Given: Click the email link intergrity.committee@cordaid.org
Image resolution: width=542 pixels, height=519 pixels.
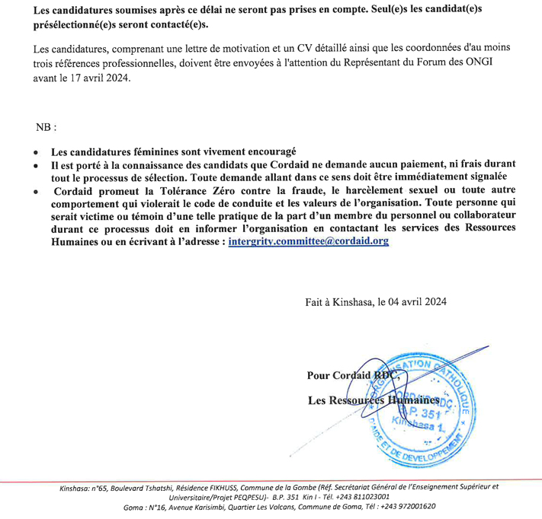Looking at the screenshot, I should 309,240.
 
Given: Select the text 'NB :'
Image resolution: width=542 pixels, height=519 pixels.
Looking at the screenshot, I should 46,126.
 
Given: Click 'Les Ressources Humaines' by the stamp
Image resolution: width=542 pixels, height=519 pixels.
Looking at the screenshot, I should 374,400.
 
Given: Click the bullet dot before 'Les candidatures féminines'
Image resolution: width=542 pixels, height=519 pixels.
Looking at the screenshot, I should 36,152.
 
